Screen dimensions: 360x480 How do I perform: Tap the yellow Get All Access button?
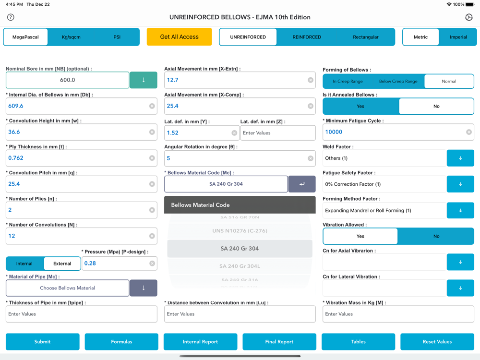(x=179, y=37)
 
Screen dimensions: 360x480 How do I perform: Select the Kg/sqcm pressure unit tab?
(x=71, y=37)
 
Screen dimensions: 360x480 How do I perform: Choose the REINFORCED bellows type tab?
(x=307, y=37)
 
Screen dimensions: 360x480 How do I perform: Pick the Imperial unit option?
(x=458, y=37)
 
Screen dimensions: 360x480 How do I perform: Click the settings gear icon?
(x=469, y=17)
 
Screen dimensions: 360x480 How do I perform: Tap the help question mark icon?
(x=11, y=17)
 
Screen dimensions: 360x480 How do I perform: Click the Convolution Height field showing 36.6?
(x=77, y=132)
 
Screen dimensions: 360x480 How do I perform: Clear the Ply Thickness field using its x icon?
(x=152, y=158)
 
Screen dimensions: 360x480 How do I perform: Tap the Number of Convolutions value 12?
(x=77, y=236)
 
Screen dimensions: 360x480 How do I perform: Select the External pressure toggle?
(x=62, y=264)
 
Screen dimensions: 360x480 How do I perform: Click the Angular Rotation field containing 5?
(x=235, y=158)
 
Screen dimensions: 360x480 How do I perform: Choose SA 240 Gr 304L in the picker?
(x=240, y=266)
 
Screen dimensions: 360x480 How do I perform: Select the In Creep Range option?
(x=348, y=81)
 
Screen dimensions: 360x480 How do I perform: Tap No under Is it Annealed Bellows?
(x=436, y=106)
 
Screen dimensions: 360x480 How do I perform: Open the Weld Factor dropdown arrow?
(x=460, y=158)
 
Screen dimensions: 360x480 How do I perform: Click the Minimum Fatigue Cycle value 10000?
(x=394, y=132)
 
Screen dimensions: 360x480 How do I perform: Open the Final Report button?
(x=279, y=342)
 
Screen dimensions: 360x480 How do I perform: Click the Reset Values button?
(x=437, y=342)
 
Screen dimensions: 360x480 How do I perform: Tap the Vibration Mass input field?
(x=398, y=314)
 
